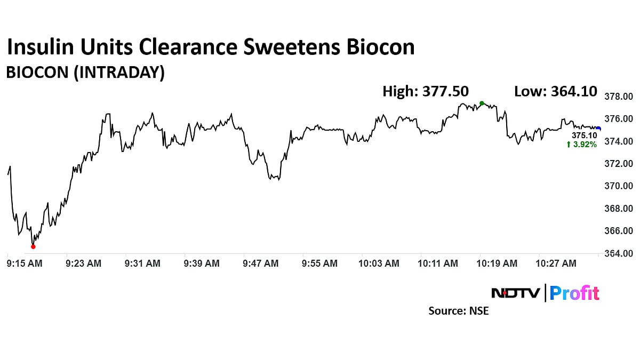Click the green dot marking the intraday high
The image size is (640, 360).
(482, 103)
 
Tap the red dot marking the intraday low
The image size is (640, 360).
(33, 246)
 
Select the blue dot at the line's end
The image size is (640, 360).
(598, 129)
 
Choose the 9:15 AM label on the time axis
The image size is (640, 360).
(25, 263)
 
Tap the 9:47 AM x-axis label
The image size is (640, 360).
(260, 263)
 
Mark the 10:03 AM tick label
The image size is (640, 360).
(379, 263)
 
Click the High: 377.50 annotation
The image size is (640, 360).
(425, 91)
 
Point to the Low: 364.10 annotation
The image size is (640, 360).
(555, 91)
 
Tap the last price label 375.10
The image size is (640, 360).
(585, 135)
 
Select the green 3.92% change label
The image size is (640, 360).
(582, 145)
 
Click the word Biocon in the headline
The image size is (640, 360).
(381, 47)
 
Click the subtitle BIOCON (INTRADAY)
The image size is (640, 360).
(85, 73)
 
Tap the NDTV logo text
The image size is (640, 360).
(515, 293)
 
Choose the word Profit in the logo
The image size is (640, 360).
(574, 293)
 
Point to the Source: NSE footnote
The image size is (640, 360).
(458, 310)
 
